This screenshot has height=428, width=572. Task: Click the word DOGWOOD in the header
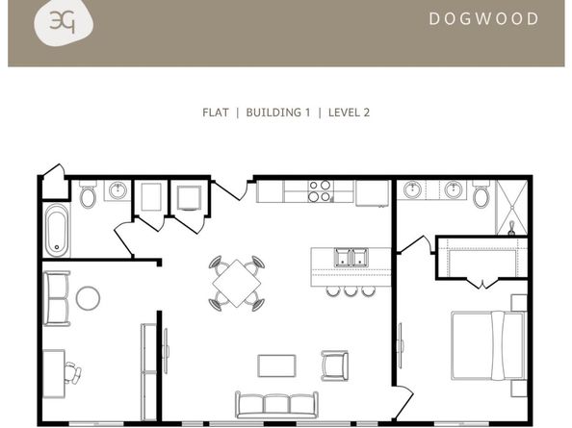(483, 19)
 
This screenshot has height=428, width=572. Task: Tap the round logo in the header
(64, 22)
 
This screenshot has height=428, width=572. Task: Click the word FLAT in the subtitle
(216, 113)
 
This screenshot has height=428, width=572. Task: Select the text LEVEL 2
(350, 113)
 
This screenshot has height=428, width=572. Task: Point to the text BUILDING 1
(278, 113)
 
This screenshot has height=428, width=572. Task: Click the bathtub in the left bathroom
(57, 230)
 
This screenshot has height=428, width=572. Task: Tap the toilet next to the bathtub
(88, 195)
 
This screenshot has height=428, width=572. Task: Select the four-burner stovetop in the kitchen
(319, 191)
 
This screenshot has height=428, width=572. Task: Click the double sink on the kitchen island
(351, 257)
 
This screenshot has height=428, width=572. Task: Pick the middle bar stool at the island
(351, 290)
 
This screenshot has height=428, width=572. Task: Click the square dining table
(237, 284)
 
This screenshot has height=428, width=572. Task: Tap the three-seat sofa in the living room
(277, 405)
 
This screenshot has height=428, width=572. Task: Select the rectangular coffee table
(277, 366)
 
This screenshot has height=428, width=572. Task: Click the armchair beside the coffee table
(335, 365)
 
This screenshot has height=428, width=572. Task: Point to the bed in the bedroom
(488, 345)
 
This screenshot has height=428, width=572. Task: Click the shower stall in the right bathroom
(511, 208)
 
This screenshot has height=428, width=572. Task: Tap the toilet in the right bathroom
(481, 195)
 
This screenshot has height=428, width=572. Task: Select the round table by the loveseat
(88, 298)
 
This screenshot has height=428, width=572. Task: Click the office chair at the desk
(72, 373)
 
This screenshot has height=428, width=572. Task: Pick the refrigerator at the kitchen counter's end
(372, 193)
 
